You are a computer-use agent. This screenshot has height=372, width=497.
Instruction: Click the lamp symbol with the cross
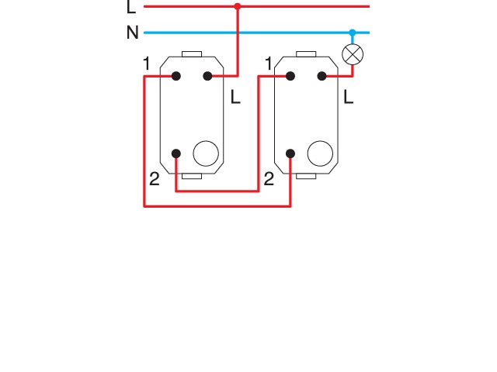(353, 54)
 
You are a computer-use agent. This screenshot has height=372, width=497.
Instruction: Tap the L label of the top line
(130, 8)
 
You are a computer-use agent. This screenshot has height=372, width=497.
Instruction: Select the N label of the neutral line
(132, 33)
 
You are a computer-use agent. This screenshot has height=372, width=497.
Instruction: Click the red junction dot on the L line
(238, 6)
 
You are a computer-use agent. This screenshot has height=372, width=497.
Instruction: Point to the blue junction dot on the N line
(353, 33)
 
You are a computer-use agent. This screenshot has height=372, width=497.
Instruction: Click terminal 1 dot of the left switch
(176, 76)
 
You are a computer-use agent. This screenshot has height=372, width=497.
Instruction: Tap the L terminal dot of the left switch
(207, 76)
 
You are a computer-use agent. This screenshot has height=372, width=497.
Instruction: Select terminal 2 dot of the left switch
(176, 153)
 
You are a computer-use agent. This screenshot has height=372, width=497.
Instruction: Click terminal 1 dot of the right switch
(290, 76)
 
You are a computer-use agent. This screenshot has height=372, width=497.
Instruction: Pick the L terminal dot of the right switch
(321, 76)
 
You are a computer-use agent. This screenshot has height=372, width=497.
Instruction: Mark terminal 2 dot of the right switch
(290, 153)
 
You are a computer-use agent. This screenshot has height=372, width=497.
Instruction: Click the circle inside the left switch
(206, 153)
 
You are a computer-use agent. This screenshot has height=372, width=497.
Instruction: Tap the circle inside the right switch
(320, 153)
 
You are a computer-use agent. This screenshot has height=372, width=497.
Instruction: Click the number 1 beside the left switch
(146, 64)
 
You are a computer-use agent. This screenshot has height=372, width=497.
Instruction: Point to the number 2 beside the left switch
(154, 180)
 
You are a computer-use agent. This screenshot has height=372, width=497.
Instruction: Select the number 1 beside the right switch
(269, 64)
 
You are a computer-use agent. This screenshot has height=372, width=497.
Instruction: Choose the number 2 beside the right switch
(269, 180)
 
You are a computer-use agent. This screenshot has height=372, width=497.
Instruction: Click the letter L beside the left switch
(235, 98)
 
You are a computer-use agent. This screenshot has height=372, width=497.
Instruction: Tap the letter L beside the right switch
(349, 98)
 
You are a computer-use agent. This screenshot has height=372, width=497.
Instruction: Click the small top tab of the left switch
(192, 54)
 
